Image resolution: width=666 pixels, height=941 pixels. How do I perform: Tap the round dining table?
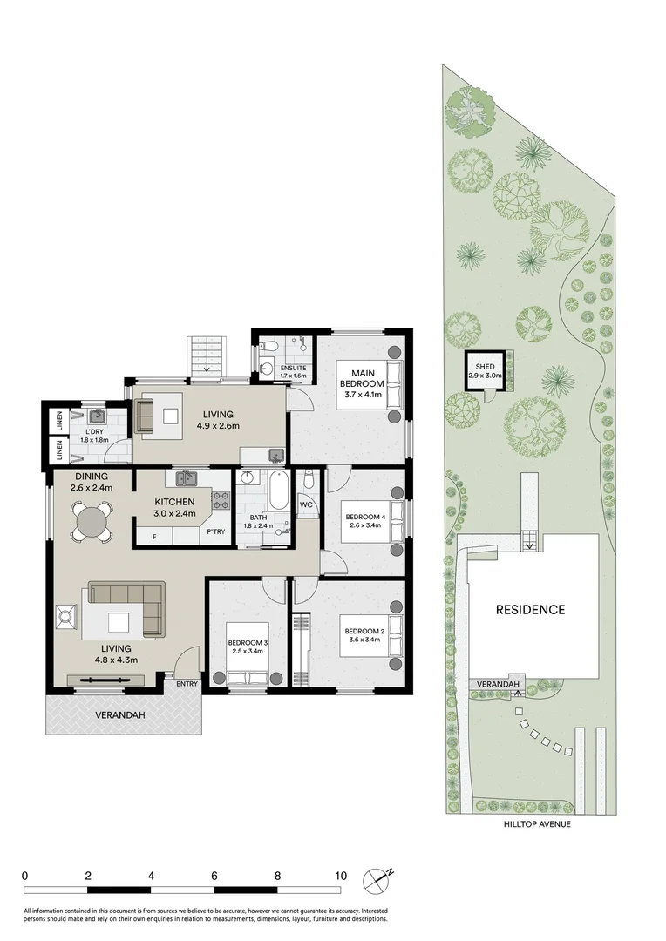(92, 523)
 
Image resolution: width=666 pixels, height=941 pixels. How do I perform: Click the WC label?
(306, 504)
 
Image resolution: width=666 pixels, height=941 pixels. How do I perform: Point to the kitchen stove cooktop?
(221, 500)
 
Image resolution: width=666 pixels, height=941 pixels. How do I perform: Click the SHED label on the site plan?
(484, 365)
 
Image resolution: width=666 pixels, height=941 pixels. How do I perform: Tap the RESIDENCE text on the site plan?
(530, 610)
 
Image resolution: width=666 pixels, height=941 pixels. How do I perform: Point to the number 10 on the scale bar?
(340, 876)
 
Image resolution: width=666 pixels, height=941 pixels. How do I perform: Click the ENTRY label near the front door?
(187, 683)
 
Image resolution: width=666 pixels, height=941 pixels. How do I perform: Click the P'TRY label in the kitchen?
(215, 532)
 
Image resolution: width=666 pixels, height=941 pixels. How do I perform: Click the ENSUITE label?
(293, 368)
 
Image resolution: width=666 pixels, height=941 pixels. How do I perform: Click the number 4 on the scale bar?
(151, 876)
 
